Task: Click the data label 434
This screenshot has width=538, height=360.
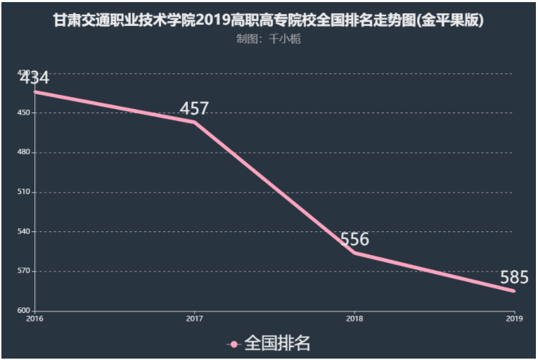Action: pos(34,78)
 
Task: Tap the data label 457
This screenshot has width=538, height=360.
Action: pos(194,108)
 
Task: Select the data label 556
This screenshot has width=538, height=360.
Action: pos(354,239)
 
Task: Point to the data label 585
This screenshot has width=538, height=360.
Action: pos(514,277)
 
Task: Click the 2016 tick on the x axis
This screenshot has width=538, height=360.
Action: pos(34,319)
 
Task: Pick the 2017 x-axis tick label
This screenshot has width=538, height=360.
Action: pos(194,319)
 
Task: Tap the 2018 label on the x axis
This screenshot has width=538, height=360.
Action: pos(354,319)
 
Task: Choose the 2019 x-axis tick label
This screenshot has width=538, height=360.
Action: pos(514,319)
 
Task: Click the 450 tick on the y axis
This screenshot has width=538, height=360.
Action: pos(23,112)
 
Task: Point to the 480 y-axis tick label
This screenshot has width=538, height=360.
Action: pos(23,152)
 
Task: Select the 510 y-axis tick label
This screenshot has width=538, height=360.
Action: pos(23,192)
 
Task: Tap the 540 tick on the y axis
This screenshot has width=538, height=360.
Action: pos(23,231)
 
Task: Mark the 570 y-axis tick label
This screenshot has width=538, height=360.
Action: pos(23,271)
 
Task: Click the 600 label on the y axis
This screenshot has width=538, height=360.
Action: pos(23,311)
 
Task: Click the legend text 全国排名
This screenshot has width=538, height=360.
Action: pos(277,343)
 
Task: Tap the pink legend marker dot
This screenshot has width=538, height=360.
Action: pos(234,344)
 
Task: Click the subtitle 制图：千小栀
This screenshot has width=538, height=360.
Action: pos(269,39)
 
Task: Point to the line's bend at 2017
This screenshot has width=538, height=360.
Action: pos(194,122)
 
